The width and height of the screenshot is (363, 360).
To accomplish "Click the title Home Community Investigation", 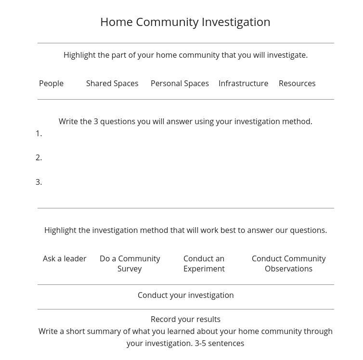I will click(x=185, y=22).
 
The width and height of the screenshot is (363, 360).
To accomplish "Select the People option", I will click(x=51, y=84).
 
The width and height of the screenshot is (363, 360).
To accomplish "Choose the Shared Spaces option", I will click(x=112, y=84).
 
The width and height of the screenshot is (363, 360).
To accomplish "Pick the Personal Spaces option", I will click(x=180, y=84).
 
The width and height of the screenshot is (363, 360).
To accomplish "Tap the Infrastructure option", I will click(x=243, y=84).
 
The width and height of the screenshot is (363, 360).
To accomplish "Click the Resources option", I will click(x=297, y=84).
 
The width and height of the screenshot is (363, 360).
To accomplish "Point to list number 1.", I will click(x=39, y=134).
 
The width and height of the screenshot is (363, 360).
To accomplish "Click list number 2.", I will click(x=39, y=158).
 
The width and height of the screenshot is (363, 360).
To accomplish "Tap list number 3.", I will click(x=39, y=182).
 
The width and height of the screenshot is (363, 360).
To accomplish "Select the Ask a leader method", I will click(x=65, y=259).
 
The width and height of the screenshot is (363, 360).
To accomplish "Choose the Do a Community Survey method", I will click(x=130, y=264).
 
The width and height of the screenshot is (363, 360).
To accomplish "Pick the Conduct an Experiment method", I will click(x=204, y=264).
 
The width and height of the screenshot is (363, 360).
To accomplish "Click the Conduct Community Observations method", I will click(x=288, y=264).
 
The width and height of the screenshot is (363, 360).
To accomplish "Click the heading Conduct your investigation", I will click(x=185, y=296).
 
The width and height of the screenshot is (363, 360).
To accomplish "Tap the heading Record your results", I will click(x=185, y=320).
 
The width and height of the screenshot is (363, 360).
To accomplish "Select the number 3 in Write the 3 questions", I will click(x=96, y=122).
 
